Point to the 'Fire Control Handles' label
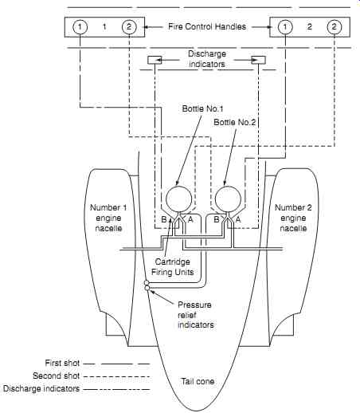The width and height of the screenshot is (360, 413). pyautogui.click(x=207, y=26)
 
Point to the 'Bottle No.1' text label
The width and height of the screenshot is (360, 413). pyautogui.click(x=202, y=108)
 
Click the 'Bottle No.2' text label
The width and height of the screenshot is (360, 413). pyautogui.click(x=234, y=122)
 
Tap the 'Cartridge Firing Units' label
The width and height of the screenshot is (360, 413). pyautogui.click(x=173, y=267)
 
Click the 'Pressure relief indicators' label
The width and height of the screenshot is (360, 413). pyautogui.click(x=196, y=315)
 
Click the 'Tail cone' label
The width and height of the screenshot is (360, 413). pyautogui.click(x=198, y=381)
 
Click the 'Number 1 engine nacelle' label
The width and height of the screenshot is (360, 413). pyautogui.click(x=108, y=218)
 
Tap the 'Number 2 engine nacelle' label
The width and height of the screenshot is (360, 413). pyautogui.click(x=293, y=218)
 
